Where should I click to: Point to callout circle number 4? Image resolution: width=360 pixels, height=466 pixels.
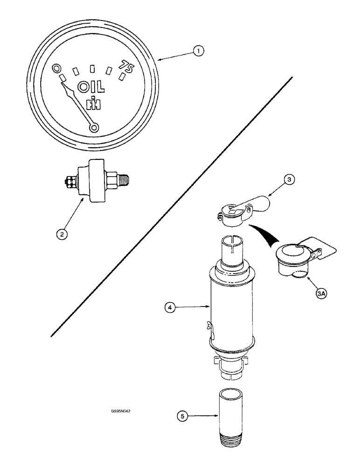(172, 308)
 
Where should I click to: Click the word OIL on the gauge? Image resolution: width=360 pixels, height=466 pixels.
(91, 87)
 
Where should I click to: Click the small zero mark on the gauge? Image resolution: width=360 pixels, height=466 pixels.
(57, 68)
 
